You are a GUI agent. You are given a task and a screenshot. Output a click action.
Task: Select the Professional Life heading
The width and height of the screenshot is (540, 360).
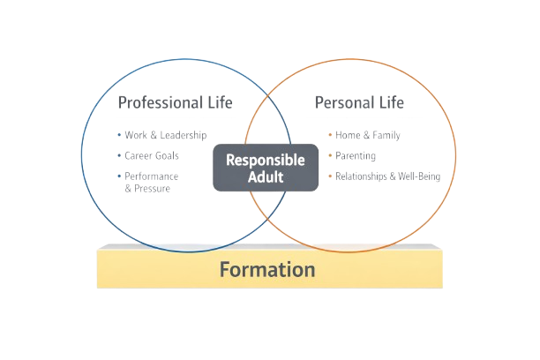[176, 102]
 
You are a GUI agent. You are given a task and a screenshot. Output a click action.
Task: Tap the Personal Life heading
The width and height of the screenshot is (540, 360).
[359, 102]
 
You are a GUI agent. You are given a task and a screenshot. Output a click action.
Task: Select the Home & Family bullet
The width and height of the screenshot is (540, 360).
[366, 136]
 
